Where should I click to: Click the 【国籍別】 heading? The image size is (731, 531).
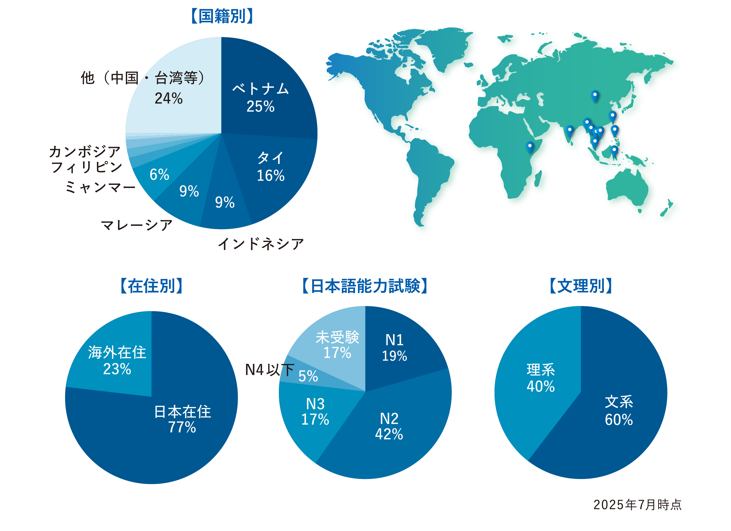point(222,16)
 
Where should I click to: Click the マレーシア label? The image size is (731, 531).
point(137,225)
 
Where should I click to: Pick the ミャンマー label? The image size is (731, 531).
point(100,187)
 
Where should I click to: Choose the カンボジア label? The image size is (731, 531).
point(85,151)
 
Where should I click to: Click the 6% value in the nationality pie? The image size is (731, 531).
point(159,174)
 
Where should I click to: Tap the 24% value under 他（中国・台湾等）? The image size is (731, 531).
point(168,98)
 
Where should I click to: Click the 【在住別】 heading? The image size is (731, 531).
point(151,286)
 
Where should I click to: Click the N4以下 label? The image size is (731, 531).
point(269,370)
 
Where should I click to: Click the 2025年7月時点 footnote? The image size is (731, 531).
point(637,505)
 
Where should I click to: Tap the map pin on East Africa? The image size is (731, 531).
point(530,147)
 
